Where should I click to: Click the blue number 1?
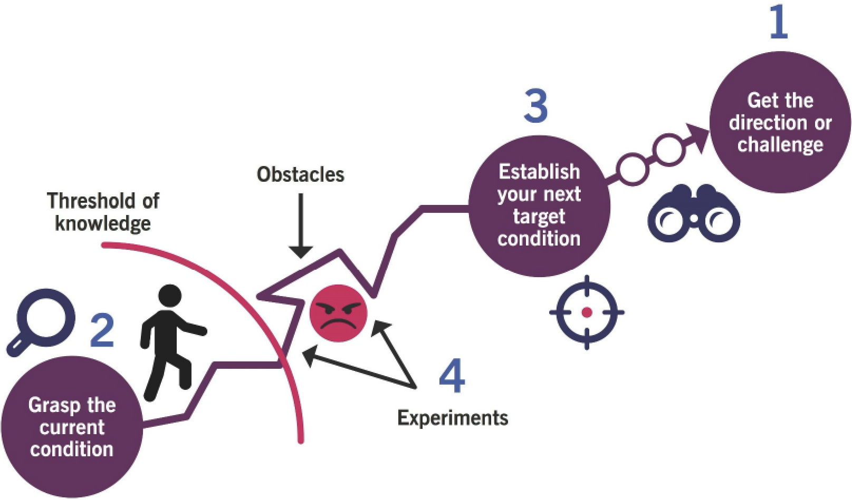pyautogui.click(x=779, y=23)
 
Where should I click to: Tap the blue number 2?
pyautogui.click(x=102, y=330)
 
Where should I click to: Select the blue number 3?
pyautogui.click(x=536, y=106)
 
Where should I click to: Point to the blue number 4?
pyautogui.click(x=452, y=376)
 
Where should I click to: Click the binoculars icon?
pyautogui.click(x=694, y=214)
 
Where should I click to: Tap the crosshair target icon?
pyautogui.click(x=587, y=312)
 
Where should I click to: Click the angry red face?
pyautogui.click(x=338, y=314)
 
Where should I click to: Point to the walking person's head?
pyautogui.click(x=170, y=297)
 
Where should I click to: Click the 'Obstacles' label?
pyautogui.click(x=300, y=174)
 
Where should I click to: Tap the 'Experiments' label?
pyautogui.click(x=453, y=418)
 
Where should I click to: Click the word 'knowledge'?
pyautogui.click(x=103, y=224)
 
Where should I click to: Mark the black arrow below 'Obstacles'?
pyautogui.click(x=301, y=227)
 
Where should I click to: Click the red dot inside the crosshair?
pyautogui.click(x=587, y=312)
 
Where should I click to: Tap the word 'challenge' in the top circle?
pyautogui.click(x=780, y=144)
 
